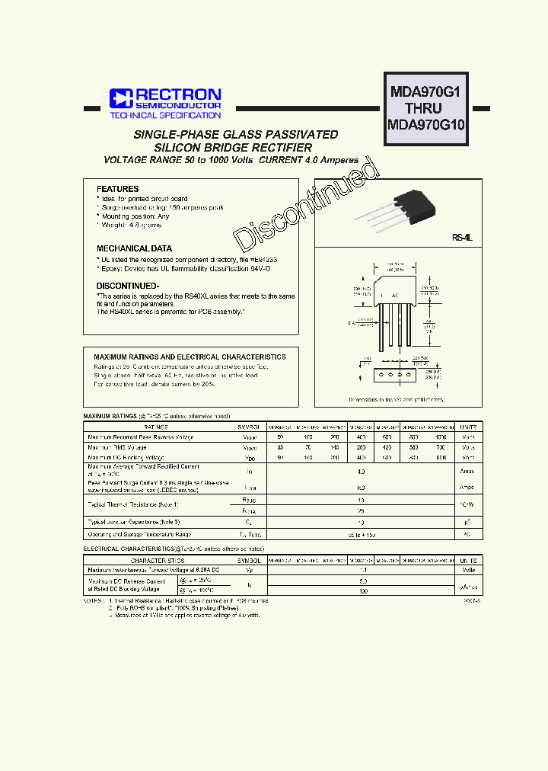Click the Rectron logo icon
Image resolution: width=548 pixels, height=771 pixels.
120,98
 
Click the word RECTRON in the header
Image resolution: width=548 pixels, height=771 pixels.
178,94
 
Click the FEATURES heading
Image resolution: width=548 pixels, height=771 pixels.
117,189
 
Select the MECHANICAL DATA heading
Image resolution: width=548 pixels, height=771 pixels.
134,248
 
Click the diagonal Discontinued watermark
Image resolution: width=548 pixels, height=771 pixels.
307,206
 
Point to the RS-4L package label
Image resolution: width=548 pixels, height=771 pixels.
462,238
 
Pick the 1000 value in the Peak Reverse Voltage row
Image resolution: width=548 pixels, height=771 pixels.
440,437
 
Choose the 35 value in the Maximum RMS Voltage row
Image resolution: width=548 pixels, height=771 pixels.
280,448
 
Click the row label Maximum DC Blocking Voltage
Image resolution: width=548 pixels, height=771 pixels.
124,458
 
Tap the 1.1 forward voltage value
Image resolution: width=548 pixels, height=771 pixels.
362,570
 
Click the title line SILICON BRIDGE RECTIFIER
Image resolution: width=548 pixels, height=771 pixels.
233,147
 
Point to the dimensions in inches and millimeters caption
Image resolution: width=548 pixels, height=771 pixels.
396,399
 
